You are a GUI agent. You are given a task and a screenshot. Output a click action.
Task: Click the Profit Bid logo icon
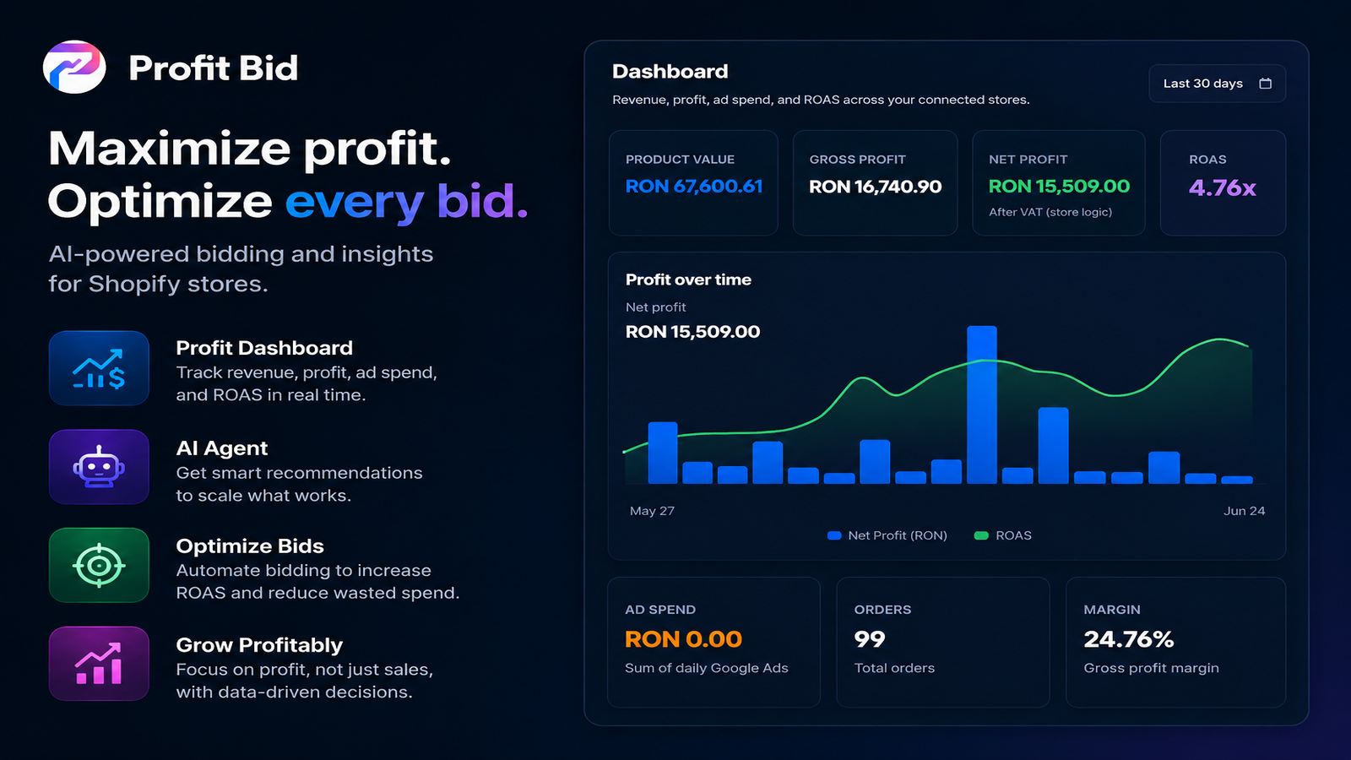pos(74,67)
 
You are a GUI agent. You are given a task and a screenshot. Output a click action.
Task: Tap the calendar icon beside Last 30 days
pos(1266,84)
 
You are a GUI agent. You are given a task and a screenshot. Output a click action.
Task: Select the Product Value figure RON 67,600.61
pos(693,187)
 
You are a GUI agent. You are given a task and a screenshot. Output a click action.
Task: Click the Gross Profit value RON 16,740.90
pos(875,187)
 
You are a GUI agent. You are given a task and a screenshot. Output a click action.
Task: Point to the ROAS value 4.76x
pos(1222,188)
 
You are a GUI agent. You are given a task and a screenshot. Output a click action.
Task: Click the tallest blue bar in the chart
pos(981,404)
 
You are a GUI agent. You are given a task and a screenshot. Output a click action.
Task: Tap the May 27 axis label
pos(652,511)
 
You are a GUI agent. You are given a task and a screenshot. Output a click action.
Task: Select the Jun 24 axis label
pos(1245,511)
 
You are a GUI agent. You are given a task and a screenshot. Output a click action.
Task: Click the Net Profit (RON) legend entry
pos(887,535)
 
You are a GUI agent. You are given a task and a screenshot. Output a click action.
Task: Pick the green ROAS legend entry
pos(1003,535)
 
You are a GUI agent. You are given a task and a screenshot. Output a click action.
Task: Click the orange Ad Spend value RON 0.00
pos(683,639)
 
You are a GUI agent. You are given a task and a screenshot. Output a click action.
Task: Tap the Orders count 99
pos(870,639)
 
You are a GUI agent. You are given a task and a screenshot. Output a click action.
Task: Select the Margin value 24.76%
pos(1128,639)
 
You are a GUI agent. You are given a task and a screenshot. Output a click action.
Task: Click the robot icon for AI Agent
pos(99,467)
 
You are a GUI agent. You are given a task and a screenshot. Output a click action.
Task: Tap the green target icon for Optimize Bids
pos(99,565)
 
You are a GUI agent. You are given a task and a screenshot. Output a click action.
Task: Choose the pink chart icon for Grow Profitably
pos(99,664)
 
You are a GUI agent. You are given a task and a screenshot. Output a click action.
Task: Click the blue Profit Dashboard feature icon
pos(99,368)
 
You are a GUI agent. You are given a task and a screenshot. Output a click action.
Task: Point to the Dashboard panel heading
pos(670,72)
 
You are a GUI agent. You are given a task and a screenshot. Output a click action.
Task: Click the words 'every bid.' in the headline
pos(406,201)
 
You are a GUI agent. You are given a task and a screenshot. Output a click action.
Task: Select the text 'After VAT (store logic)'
pos(1050,212)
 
